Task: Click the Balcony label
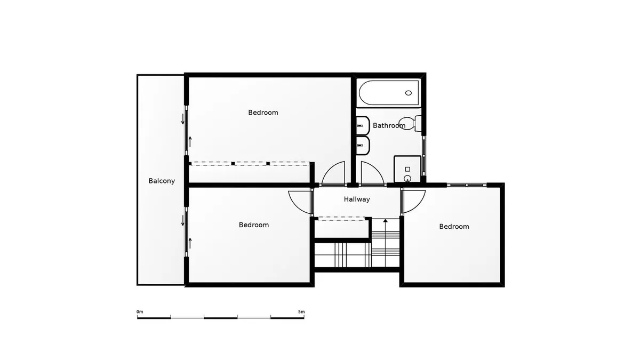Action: pyautogui.click(x=162, y=181)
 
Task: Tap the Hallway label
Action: pyautogui.click(x=357, y=199)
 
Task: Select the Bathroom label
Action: pyautogui.click(x=389, y=125)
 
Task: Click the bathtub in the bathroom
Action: pyautogui.click(x=389, y=93)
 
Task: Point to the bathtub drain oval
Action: pyautogui.click(x=409, y=93)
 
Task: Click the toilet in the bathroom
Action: pyautogui.click(x=410, y=123)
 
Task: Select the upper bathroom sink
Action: pyautogui.click(x=363, y=125)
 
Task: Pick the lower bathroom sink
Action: pyautogui.click(x=363, y=146)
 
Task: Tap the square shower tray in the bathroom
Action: pyautogui.click(x=407, y=169)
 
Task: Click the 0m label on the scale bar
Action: pyautogui.click(x=140, y=311)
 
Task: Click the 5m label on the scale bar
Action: pyautogui.click(x=301, y=311)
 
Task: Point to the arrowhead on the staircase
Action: pyautogui.click(x=386, y=221)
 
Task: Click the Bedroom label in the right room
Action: pyautogui.click(x=454, y=227)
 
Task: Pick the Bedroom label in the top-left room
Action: pyautogui.click(x=263, y=113)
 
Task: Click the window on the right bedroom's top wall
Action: pyautogui.click(x=467, y=185)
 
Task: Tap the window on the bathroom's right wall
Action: pyautogui.click(x=423, y=156)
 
